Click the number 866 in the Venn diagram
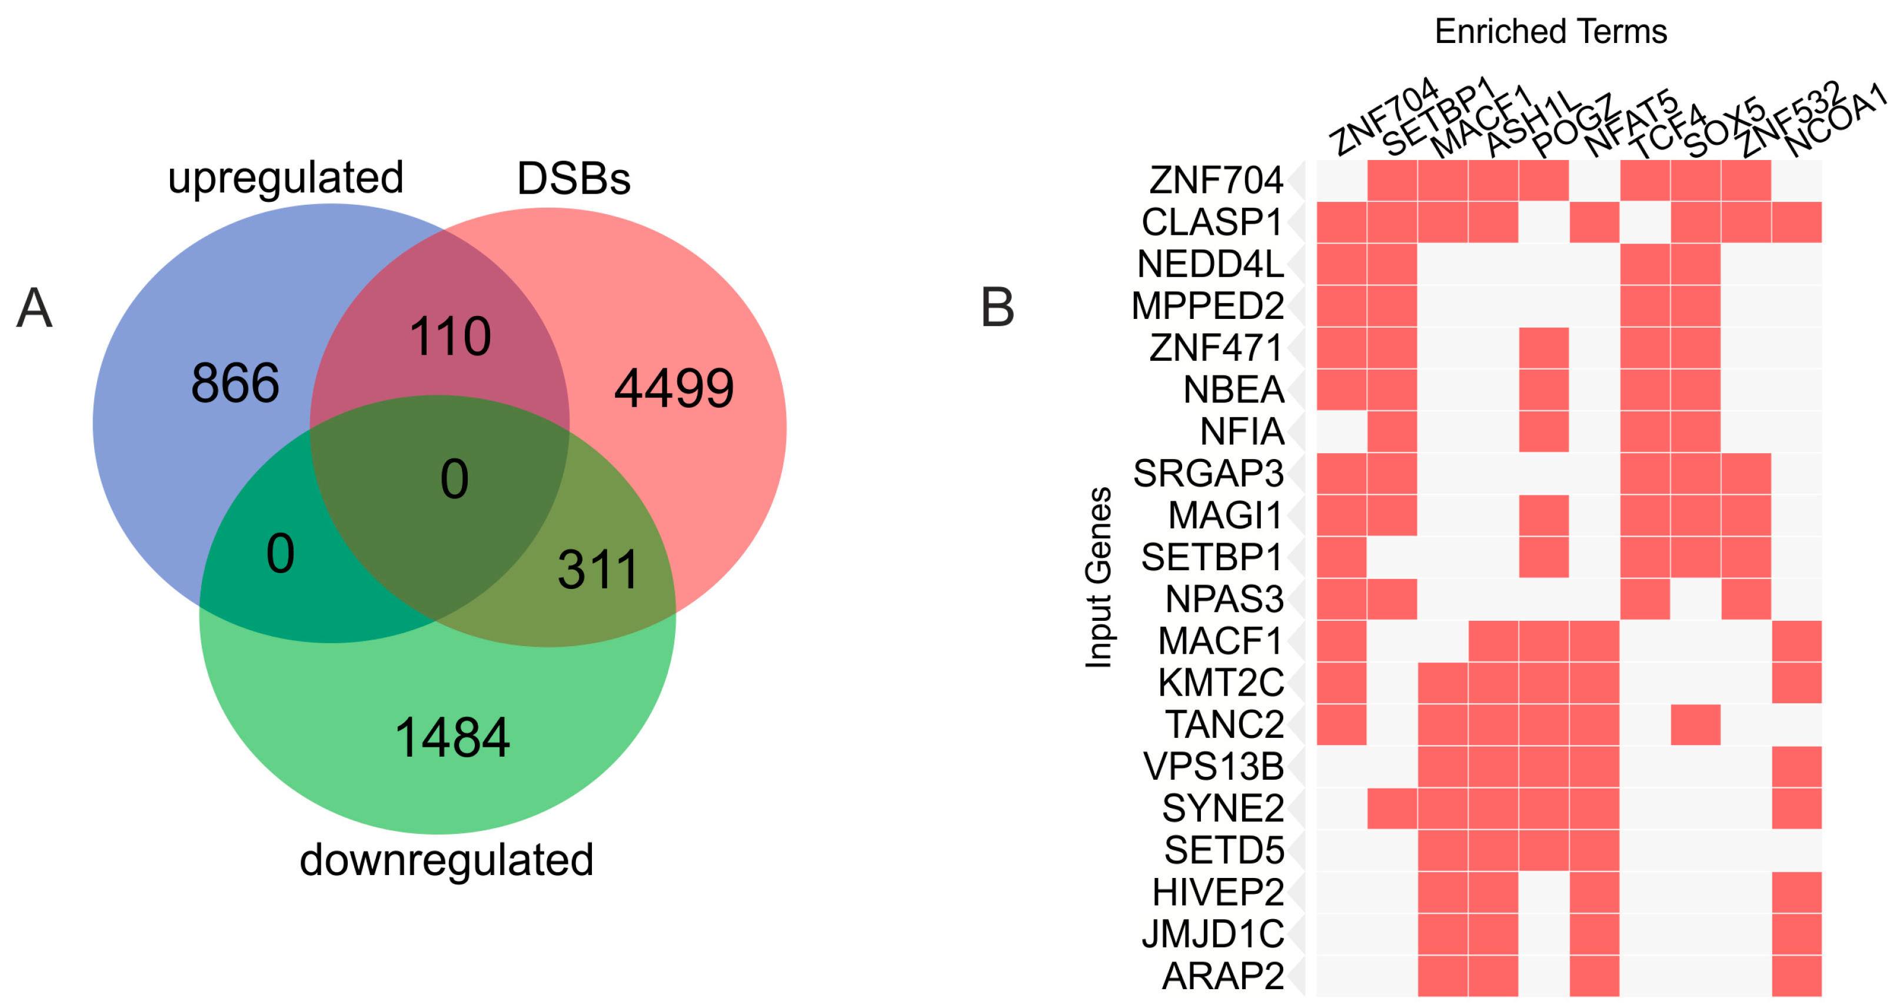click(x=235, y=383)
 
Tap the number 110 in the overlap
click(x=450, y=337)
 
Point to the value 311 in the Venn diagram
click(x=597, y=569)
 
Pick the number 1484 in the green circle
click(x=452, y=737)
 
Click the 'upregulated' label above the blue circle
click(x=286, y=178)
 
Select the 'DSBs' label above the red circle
click(x=574, y=178)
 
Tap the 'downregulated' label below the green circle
click(x=446, y=859)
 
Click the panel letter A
click(x=35, y=308)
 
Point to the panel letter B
click(x=997, y=307)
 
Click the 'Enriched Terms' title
click(x=1550, y=32)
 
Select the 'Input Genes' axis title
click(x=1098, y=578)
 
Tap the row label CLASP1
click(x=1212, y=222)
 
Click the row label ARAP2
click(x=1223, y=976)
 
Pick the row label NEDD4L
click(x=1210, y=264)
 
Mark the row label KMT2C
click(x=1220, y=683)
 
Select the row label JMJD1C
click(x=1212, y=934)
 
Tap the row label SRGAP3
click(x=1208, y=473)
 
